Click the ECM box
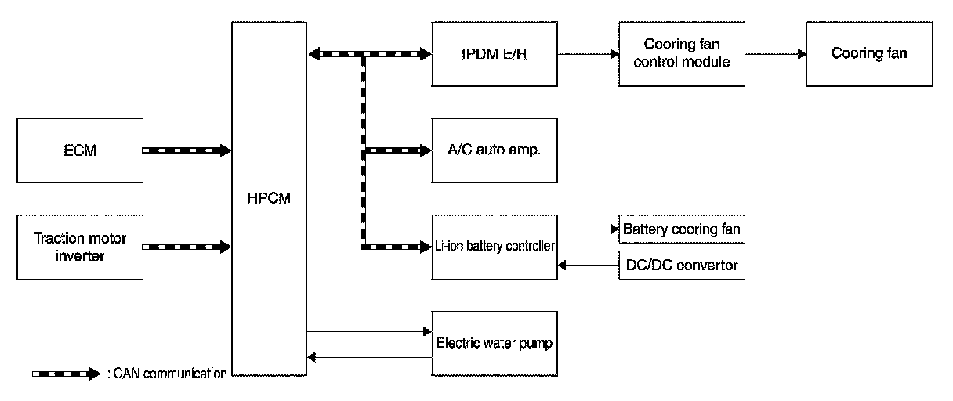click(80, 150)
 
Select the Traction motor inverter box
click(80, 247)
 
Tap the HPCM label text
click(269, 198)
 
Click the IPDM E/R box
click(495, 54)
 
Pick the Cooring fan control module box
click(682, 54)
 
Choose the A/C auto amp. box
click(495, 150)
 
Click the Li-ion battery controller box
click(495, 247)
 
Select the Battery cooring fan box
click(682, 229)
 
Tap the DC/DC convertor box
click(682, 266)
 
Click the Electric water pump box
click(495, 344)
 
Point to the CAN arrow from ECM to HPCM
click(187, 150)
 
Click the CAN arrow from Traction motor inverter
click(187, 247)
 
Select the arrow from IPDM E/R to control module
click(589, 54)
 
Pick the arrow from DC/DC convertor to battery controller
click(589, 266)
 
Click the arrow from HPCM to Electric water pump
click(369, 331)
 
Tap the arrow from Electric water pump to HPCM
click(369, 358)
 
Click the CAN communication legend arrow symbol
click(67, 374)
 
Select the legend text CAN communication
click(170, 374)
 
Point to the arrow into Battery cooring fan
click(589, 229)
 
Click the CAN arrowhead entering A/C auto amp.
click(426, 150)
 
